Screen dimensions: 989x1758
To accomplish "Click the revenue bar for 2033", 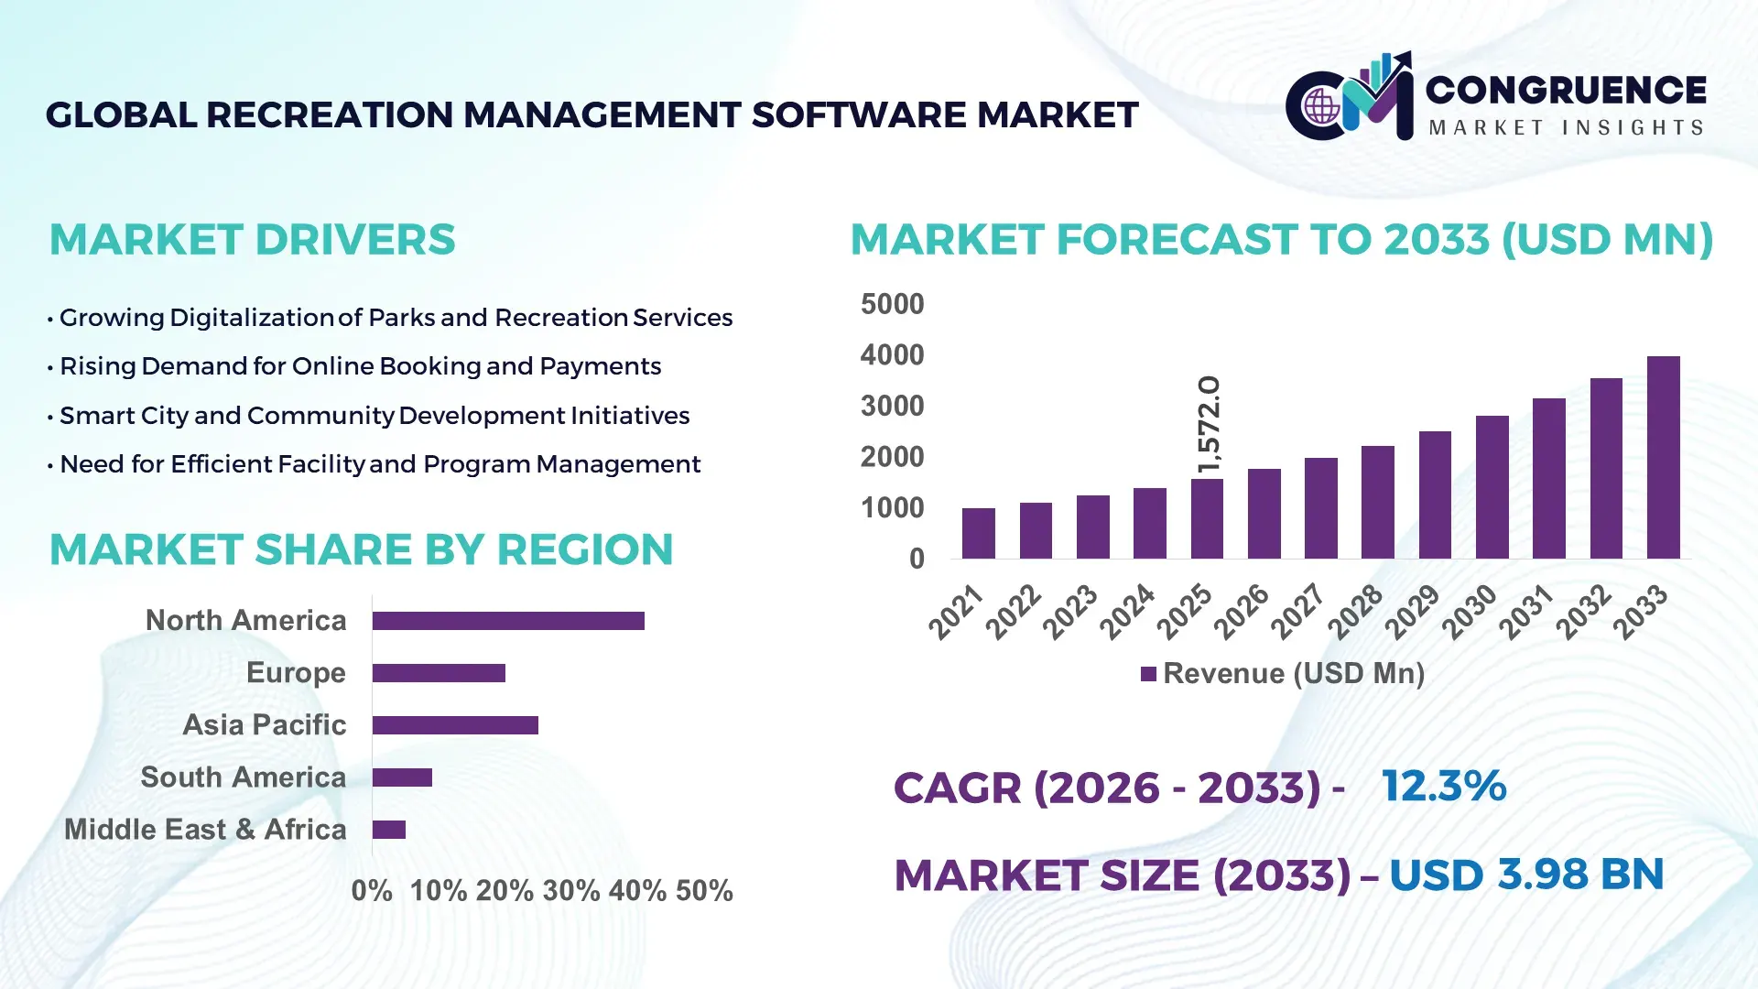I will (x=1663, y=458).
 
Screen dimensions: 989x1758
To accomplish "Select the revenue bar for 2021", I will (x=978, y=533).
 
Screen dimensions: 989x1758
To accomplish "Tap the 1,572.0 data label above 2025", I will (x=1209, y=425).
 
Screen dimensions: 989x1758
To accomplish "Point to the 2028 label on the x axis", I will (x=1355, y=611).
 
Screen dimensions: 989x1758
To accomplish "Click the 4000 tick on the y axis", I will (x=892, y=355).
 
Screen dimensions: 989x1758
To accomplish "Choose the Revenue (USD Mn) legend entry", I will (x=1283, y=674).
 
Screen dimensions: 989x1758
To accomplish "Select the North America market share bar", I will (x=508, y=621).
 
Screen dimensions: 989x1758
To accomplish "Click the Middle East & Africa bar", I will (x=388, y=830).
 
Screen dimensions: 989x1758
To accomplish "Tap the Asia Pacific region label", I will (x=264, y=725).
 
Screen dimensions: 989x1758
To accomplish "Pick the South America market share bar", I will (x=402, y=777).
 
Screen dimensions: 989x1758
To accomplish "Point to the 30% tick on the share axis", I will (x=570, y=891).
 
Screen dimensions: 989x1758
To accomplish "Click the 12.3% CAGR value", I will (x=1443, y=787).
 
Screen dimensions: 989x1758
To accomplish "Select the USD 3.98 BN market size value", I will (x=1525, y=875).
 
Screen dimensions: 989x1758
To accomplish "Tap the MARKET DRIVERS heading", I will (x=252, y=240).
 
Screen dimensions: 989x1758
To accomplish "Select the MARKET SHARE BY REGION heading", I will (x=361, y=550).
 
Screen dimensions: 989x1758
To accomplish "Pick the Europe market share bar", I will (x=439, y=673).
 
